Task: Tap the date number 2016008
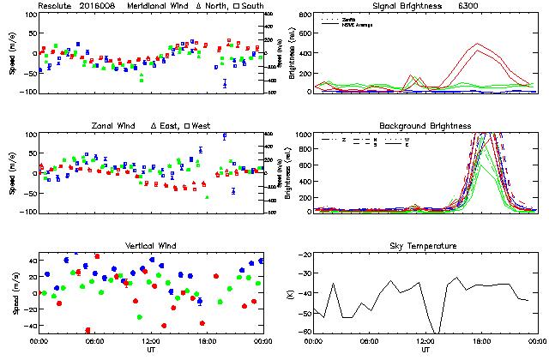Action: click(101, 6)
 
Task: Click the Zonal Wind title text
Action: click(115, 126)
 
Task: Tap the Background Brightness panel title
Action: click(425, 126)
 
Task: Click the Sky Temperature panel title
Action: click(425, 246)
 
